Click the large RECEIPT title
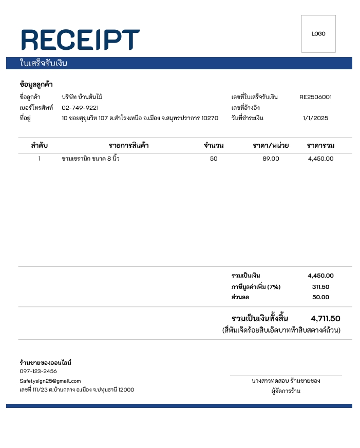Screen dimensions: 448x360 (x=81, y=40)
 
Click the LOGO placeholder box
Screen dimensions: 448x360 (x=318, y=34)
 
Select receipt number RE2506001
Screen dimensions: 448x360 (x=315, y=97)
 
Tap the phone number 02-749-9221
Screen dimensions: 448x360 (x=80, y=108)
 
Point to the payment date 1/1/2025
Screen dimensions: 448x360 (x=315, y=118)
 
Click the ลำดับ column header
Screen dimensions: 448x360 (x=39, y=145)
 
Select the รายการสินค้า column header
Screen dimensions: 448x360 (x=128, y=145)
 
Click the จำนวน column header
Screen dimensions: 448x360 (x=214, y=145)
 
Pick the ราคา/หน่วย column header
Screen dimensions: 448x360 (x=271, y=145)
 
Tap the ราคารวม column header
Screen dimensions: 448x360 (x=320, y=145)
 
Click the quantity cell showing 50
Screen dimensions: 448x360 (x=214, y=159)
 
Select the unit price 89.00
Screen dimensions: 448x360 (x=271, y=159)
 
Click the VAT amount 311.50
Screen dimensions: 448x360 (x=320, y=287)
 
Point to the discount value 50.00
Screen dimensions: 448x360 (x=320, y=297)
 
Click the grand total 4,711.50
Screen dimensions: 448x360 (x=325, y=319)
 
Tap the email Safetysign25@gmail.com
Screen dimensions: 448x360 (x=50, y=381)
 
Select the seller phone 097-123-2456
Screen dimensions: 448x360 (x=39, y=371)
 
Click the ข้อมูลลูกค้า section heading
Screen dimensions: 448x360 (x=36, y=84)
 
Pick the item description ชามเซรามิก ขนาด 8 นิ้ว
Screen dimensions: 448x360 (x=90, y=159)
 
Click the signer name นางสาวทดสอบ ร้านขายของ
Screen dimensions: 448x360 (x=286, y=381)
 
